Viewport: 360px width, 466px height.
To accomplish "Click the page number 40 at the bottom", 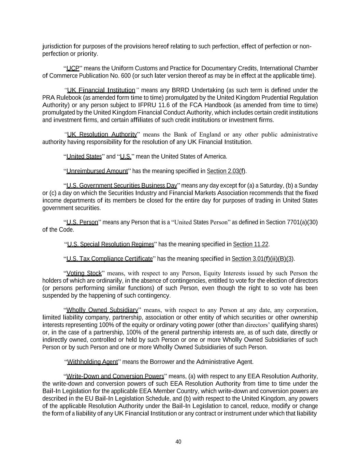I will (178, 442).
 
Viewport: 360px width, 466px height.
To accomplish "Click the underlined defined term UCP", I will (73, 68).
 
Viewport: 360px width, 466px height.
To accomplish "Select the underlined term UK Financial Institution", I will (101, 90).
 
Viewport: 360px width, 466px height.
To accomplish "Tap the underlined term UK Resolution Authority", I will (102, 135).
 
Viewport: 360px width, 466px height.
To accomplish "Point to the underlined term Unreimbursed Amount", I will (97, 171).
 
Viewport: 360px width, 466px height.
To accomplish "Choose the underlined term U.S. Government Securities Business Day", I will (121, 186).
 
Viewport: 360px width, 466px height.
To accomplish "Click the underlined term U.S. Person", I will (82, 223).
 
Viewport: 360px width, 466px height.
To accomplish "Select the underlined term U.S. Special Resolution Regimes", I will (111, 244).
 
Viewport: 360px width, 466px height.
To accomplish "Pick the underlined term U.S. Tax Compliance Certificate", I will (110, 259).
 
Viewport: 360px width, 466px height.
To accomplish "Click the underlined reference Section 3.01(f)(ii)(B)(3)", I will (262, 259).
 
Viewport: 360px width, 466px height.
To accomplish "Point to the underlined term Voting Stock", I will (84, 273).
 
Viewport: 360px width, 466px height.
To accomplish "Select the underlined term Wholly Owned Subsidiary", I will (102, 310).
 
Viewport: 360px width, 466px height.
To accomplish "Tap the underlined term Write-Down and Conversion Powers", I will (115, 377).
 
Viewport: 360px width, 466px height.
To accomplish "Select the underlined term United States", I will (84, 157).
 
